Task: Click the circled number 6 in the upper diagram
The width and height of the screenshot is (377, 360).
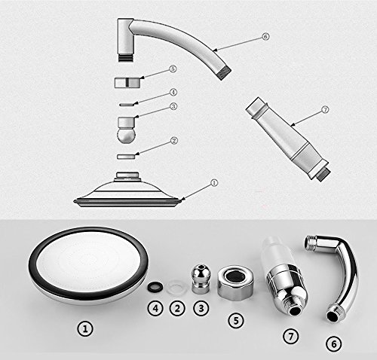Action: point(265,37)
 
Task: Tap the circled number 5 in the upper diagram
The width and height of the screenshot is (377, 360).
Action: point(173,69)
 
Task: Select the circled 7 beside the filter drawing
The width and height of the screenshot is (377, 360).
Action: point(325,110)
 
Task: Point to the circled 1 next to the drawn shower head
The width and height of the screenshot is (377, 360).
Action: point(214,183)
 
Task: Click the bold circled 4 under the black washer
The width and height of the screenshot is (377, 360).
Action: point(155,308)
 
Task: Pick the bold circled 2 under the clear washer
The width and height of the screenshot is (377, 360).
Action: point(177,308)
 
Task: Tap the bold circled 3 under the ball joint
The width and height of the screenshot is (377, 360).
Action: point(201,308)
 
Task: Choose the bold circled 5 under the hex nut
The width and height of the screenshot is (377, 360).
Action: point(236,320)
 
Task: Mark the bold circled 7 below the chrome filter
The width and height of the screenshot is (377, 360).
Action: point(291,336)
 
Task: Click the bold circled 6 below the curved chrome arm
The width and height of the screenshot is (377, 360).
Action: point(334,343)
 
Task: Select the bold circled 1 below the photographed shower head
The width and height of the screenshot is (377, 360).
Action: point(85,328)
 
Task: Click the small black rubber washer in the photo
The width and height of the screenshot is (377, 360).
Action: point(155,287)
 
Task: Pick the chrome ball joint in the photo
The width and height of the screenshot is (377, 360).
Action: point(201,278)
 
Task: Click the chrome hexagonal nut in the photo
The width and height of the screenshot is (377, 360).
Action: point(235,282)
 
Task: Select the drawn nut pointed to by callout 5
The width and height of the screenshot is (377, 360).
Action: point(127,83)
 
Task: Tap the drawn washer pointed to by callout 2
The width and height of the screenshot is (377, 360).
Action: point(127,157)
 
